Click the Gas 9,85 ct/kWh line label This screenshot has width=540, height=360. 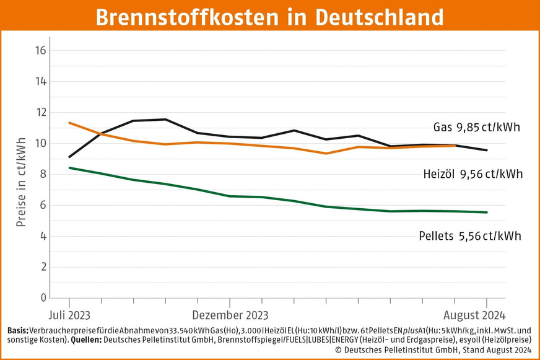[476, 128]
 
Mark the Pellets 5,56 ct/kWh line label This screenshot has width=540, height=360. [468, 236]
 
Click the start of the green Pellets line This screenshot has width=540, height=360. [69, 167]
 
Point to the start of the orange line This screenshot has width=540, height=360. [69, 123]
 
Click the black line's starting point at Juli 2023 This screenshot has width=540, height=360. [69, 157]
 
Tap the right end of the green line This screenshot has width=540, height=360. [487, 213]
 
